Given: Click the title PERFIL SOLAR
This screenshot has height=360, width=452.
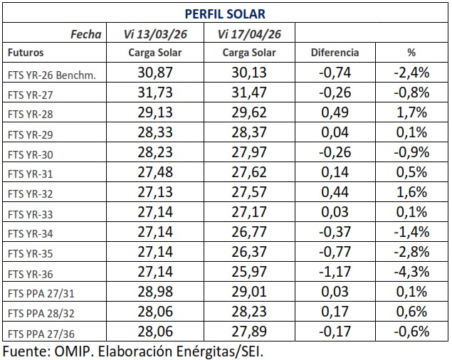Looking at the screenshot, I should tap(226, 14).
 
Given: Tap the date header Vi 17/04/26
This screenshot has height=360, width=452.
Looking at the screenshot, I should tap(249, 33).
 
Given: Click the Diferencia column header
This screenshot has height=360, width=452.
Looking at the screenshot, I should tap(335, 53).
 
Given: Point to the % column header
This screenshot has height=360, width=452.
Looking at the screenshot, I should tap(411, 53).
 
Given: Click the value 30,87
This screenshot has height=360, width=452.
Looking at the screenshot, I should tap(155, 73).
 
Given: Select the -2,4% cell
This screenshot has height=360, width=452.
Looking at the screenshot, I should tap(411, 73).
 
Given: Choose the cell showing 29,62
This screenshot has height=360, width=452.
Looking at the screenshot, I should tap(249, 112).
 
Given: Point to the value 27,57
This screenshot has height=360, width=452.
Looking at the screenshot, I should tap(249, 192).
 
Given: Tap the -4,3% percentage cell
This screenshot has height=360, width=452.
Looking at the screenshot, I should tap(411, 271).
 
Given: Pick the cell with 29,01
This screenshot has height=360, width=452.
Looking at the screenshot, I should tap(249, 291).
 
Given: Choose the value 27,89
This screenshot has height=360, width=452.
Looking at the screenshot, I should tap(249, 331).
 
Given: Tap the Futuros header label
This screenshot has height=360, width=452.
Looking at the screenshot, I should tap(26, 53).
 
